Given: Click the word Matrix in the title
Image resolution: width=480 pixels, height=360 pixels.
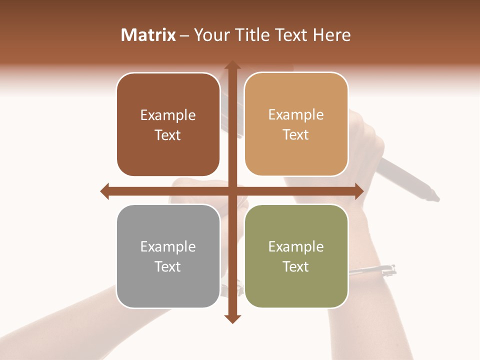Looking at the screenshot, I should click(x=148, y=35).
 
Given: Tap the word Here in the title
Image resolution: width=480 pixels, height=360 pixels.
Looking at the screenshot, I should click(x=332, y=35).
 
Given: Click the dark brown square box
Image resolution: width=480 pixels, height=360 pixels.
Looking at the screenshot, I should click(x=168, y=125).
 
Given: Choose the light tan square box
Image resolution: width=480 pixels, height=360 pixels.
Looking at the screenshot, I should click(x=296, y=124).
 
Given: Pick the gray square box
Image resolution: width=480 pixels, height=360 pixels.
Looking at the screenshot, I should click(x=168, y=256).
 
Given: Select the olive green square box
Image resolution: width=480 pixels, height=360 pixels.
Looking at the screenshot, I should click(x=296, y=256).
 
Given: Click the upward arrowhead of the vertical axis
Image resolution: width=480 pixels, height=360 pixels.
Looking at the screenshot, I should click(x=232, y=65).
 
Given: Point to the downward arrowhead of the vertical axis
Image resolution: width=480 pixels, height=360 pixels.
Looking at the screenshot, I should click(x=232, y=318).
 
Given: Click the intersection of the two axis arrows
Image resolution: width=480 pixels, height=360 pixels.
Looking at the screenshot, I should click(x=232, y=191).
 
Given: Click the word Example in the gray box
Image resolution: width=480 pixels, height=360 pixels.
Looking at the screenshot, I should click(x=168, y=246).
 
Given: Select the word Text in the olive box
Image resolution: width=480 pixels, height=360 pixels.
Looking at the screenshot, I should click(x=296, y=266).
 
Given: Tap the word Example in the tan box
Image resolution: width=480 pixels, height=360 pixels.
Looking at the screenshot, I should click(x=296, y=114).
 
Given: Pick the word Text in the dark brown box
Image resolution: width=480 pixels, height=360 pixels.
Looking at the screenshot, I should click(x=168, y=135).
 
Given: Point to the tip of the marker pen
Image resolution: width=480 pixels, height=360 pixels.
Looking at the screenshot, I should click(x=435, y=197).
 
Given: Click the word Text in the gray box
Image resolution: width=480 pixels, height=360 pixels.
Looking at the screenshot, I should click(x=168, y=266).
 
